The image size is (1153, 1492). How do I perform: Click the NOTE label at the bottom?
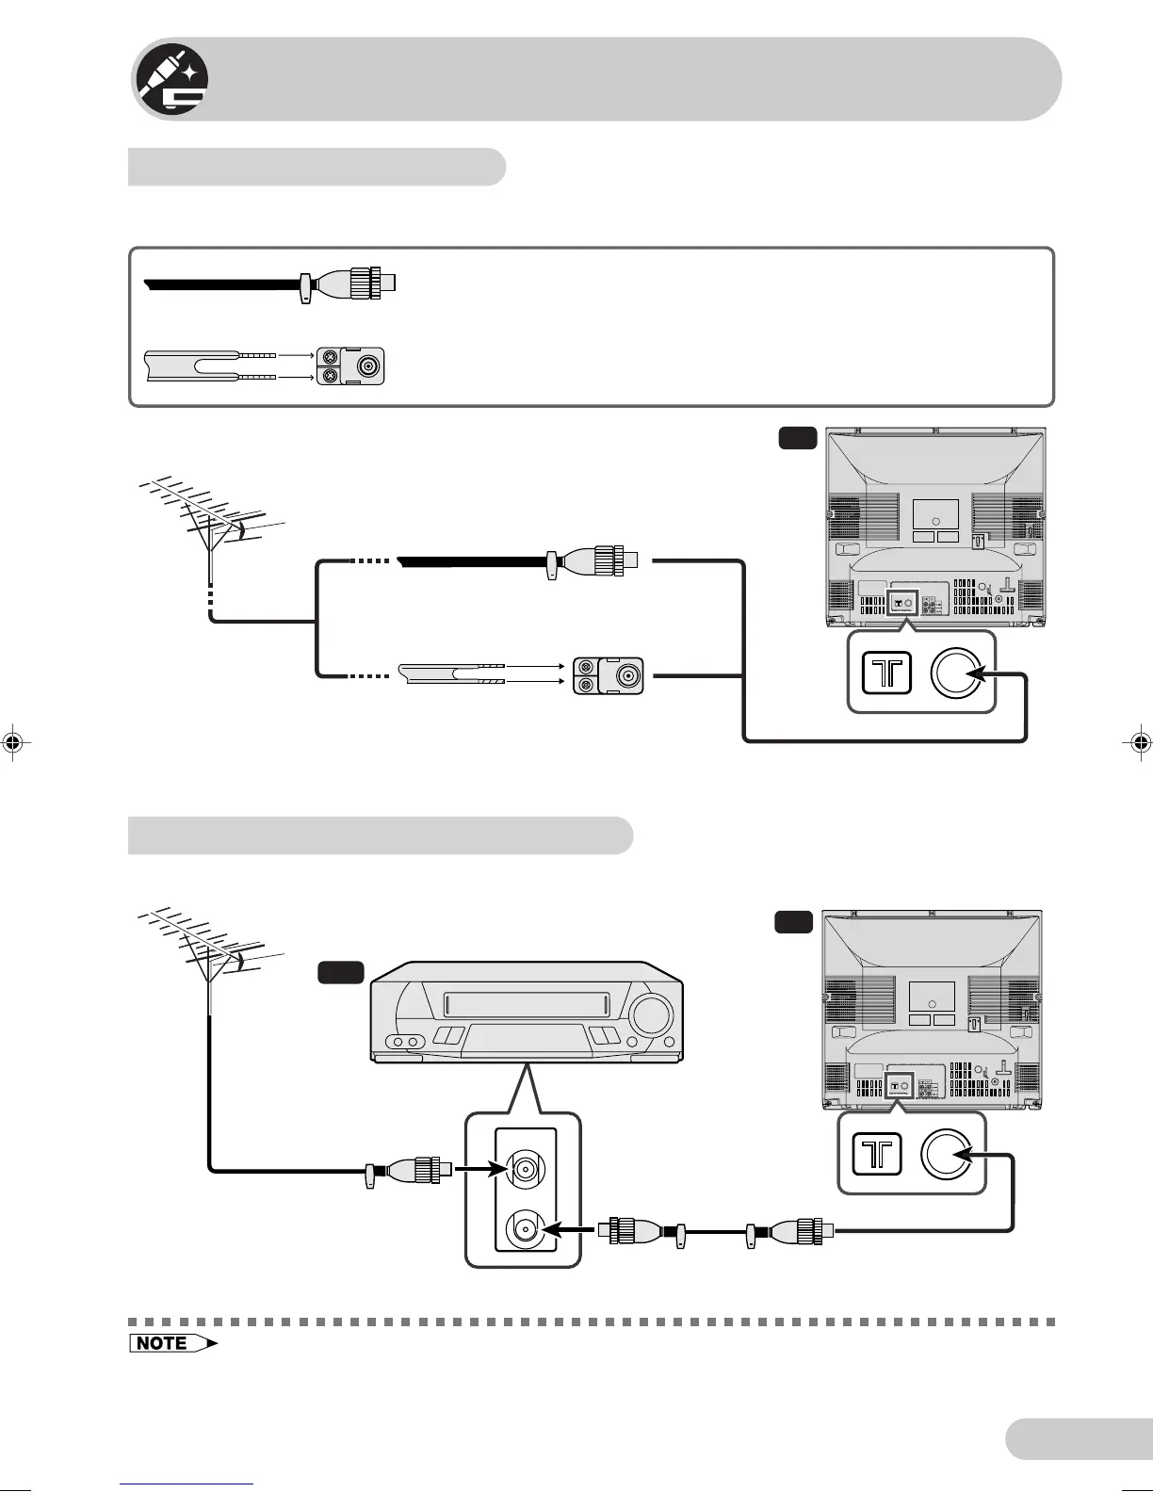tap(172, 1343)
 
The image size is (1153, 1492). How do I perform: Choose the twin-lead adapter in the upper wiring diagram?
tap(609, 676)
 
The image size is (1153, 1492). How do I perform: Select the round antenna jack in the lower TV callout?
tap(950, 1154)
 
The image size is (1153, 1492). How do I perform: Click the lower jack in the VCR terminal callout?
tap(524, 1229)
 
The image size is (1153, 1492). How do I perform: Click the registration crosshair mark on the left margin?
tap(13, 741)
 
